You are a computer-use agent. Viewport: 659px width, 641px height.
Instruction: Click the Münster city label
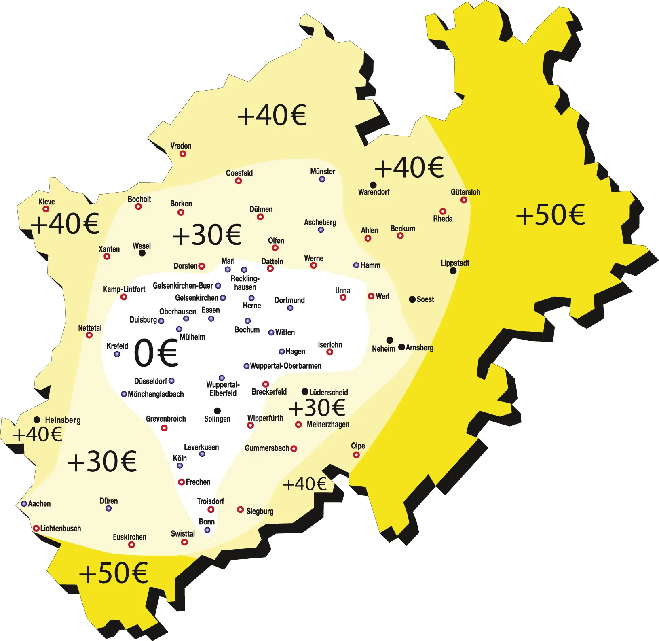pyautogui.click(x=323, y=172)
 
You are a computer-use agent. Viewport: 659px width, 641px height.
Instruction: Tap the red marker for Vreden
pyautogui.click(x=183, y=154)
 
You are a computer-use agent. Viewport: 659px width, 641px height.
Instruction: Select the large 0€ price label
pyautogui.click(x=156, y=353)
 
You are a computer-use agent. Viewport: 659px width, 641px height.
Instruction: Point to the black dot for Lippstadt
pyautogui.click(x=453, y=271)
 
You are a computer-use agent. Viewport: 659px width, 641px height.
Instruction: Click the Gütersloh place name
pyautogui.click(x=465, y=192)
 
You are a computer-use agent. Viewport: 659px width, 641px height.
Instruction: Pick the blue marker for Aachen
pyautogui.click(x=24, y=504)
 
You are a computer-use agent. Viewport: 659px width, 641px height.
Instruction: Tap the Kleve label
pyautogui.click(x=46, y=202)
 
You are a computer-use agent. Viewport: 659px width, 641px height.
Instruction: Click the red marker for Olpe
pyautogui.click(x=356, y=455)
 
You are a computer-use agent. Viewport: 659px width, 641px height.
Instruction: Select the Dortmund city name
pyautogui.click(x=289, y=300)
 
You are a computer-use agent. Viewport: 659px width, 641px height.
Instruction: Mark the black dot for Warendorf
pyautogui.click(x=373, y=185)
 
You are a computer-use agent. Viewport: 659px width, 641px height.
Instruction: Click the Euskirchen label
pyautogui.click(x=129, y=537)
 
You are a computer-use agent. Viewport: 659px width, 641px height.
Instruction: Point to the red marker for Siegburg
pyautogui.click(x=240, y=509)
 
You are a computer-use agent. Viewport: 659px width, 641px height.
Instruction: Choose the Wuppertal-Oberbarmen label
pyautogui.click(x=285, y=366)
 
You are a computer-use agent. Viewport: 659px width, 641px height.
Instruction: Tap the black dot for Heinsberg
pyautogui.click(x=37, y=420)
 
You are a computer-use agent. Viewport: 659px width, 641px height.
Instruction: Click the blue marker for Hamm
pyautogui.click(x=356, y=265)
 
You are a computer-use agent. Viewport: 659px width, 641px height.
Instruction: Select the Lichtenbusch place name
pyautogui.click(x=61, y=529)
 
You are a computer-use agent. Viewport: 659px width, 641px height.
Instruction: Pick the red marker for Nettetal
pyautogui.click(x=89, y=335)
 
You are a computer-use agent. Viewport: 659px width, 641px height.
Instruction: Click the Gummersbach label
pyautogui.click(x=267, y=448)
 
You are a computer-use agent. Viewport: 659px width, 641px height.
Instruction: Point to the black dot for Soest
pyautogui.click(x=412, y=299)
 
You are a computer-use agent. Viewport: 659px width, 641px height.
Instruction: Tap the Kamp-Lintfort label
pyautogui.click(x=124, y=289)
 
